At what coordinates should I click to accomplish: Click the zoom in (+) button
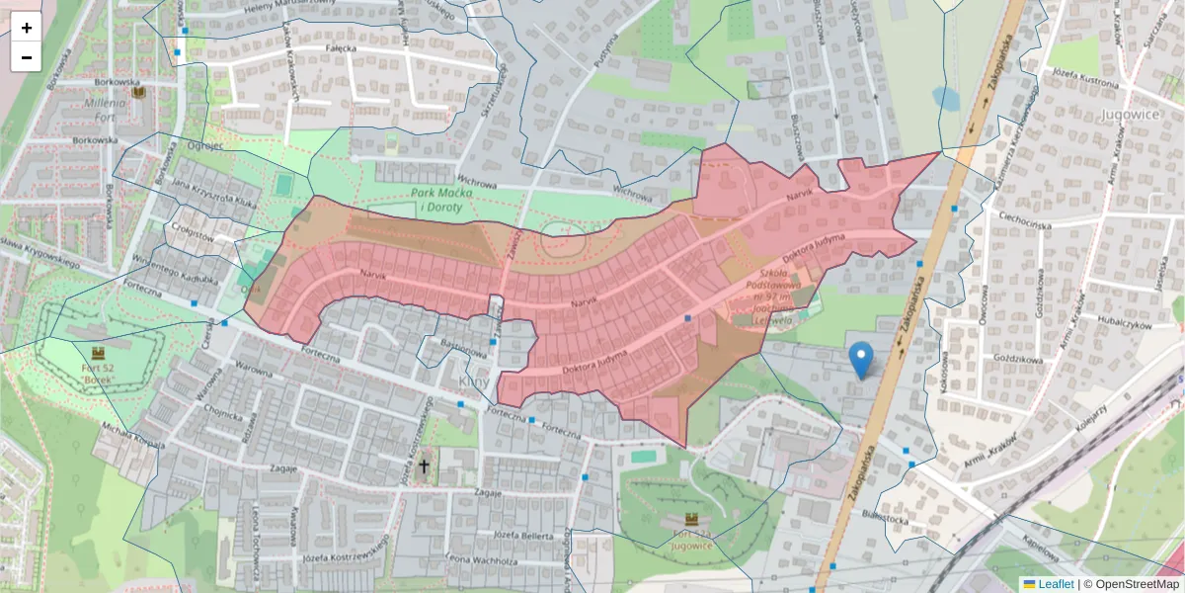coord(27,28)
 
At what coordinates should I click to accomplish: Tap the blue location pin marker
coord(861,360)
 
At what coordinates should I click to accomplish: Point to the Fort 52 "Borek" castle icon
coord(98,352)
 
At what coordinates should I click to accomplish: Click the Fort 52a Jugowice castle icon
coord(691,520)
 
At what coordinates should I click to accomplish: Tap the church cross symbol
coord(425,466)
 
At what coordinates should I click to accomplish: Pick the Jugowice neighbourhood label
coord(1128,115)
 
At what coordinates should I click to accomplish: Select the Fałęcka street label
coord(340,47)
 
